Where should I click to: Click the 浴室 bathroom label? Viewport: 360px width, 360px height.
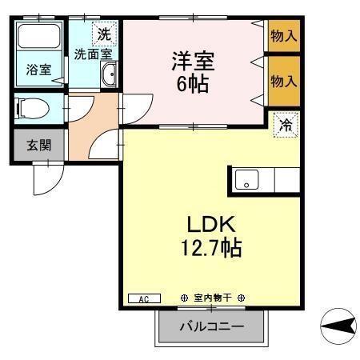38,70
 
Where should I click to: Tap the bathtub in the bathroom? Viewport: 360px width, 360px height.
39,40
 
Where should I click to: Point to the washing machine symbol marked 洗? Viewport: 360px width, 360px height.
103,34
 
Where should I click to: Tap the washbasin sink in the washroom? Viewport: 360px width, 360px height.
110,76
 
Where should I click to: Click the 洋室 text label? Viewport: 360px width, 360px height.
192,60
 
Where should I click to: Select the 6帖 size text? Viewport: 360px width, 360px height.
193,82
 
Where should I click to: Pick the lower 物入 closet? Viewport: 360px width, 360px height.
283,80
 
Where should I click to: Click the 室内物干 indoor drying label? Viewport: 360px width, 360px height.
212,298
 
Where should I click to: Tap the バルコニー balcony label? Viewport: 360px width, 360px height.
210,326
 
